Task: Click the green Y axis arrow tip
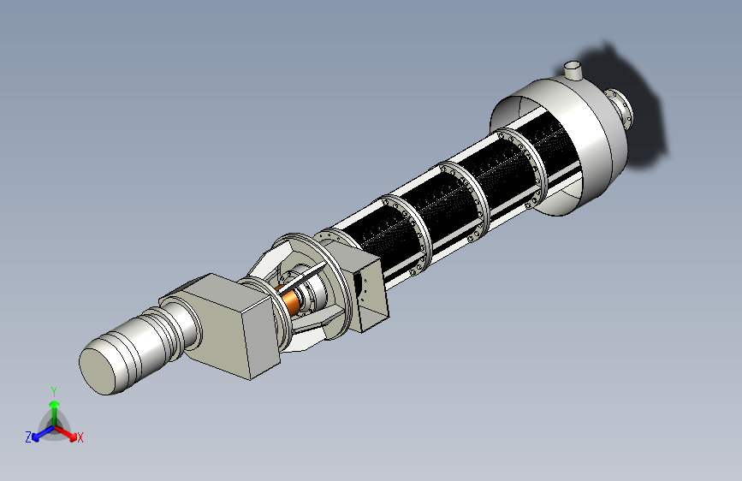point(55,403)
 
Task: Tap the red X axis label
point(80,437)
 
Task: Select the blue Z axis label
point(28,436)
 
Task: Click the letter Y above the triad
point(54,392)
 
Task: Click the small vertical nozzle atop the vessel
point(573,70)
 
